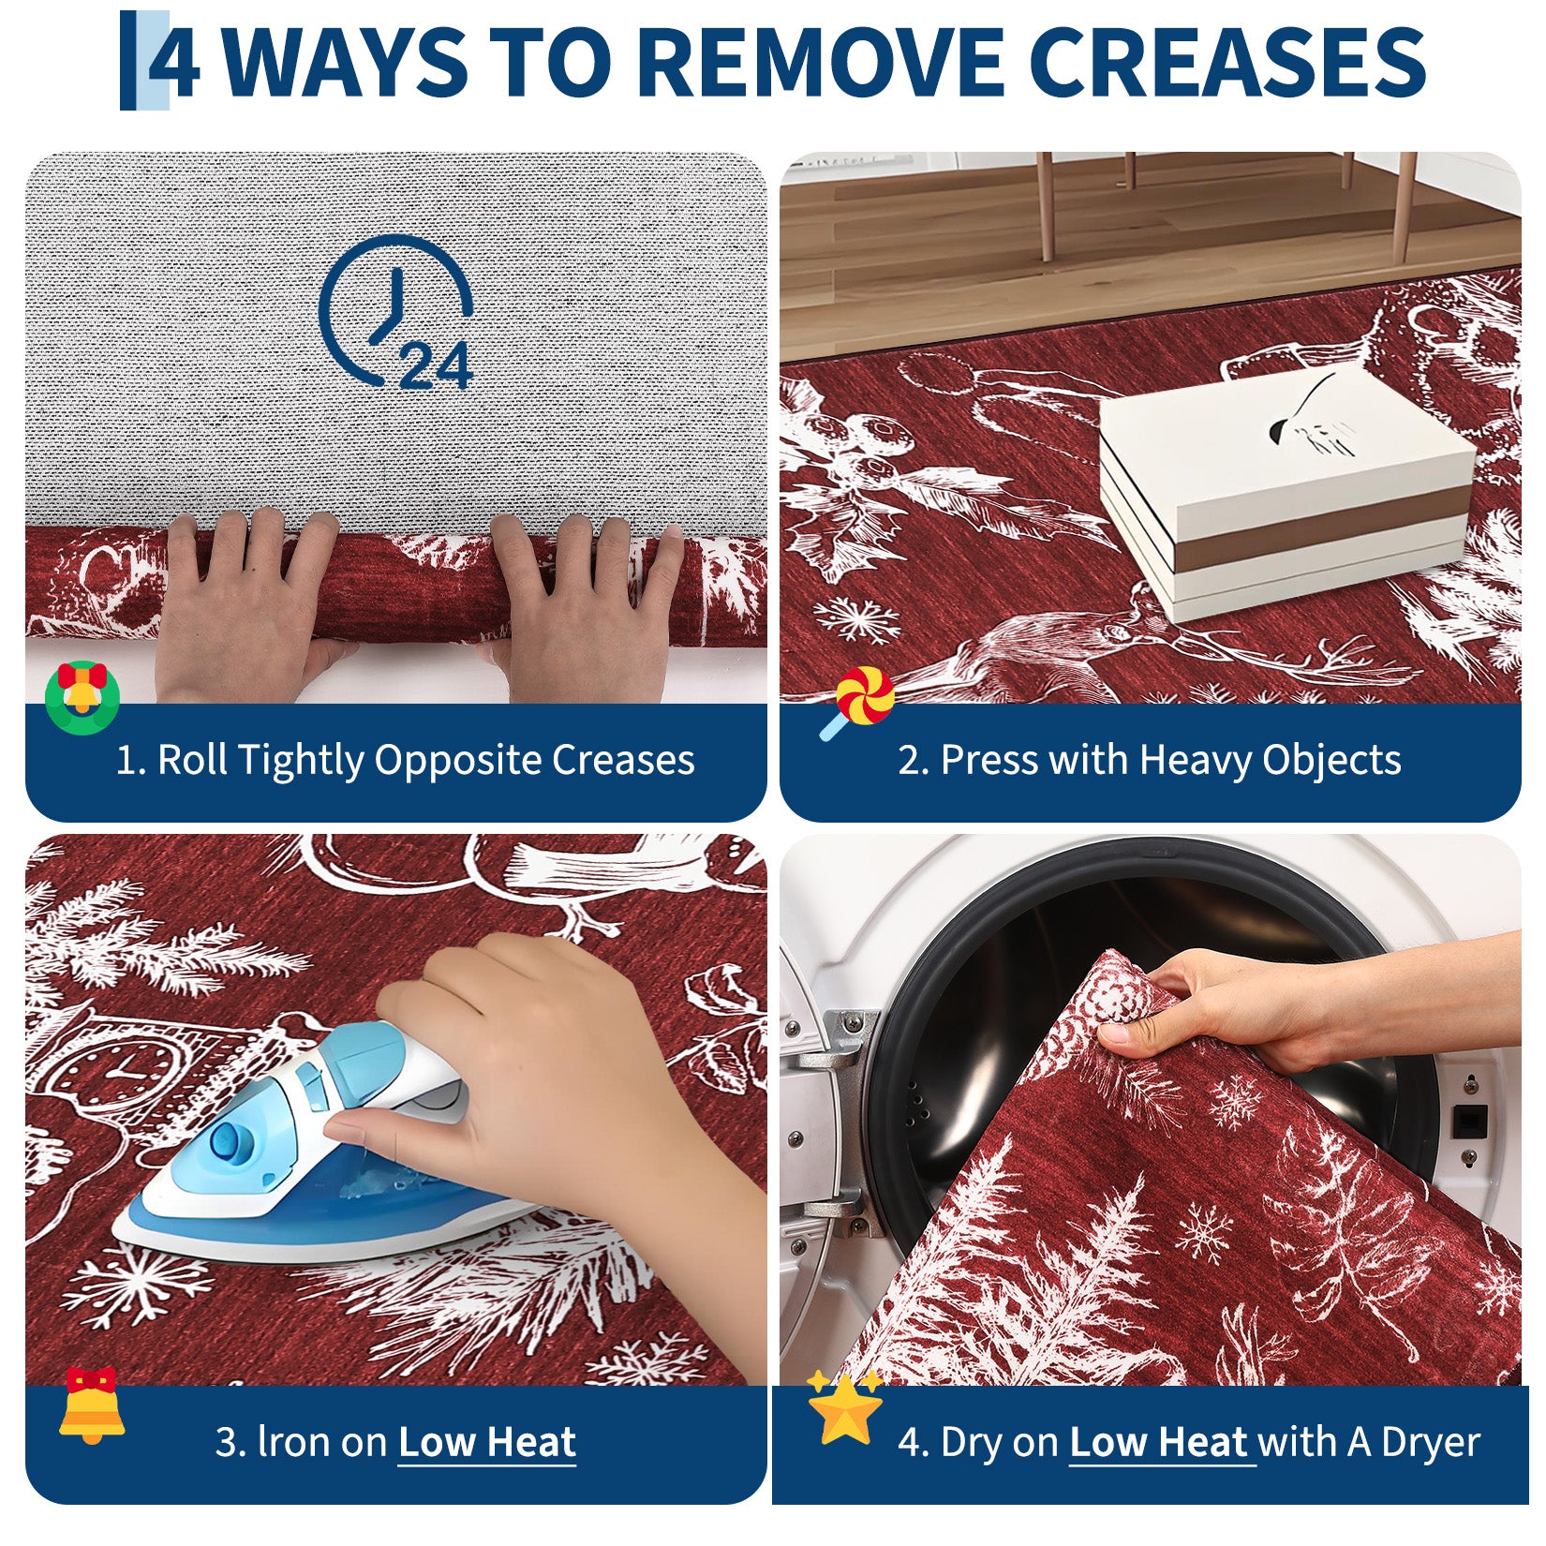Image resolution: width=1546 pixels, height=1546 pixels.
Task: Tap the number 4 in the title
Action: pyautogui.click(x=173, y=62)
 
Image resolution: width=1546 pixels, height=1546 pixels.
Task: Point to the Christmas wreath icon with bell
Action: pyautogui.click(x=82, y=697)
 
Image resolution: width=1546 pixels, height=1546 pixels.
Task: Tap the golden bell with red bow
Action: pyautogui.click(x=91, y=1405)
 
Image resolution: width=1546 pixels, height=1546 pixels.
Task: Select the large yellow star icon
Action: pyautogui.click(x=845, y=1409)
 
